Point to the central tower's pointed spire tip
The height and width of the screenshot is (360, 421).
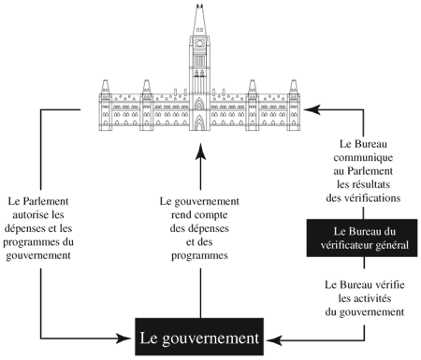(198, 6)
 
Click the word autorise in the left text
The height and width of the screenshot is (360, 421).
(46, 214)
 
